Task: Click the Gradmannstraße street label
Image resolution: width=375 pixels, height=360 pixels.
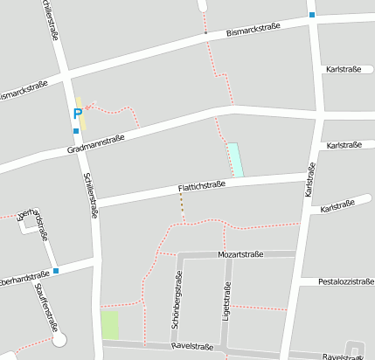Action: (96, 144)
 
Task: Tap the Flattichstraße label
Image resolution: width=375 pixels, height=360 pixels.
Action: (202, 185)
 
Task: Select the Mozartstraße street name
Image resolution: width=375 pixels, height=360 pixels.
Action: (240, 254)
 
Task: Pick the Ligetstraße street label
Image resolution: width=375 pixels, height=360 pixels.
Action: (226, 299)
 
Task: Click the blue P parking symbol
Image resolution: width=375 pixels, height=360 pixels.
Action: (77, 114)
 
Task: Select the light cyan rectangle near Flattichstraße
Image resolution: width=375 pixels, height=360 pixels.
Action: (234, 159)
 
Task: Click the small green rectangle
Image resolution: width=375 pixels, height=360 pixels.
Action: (109, 325)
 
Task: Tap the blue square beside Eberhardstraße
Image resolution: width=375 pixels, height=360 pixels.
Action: (56, 271)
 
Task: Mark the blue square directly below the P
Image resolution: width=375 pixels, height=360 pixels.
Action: (76, 131)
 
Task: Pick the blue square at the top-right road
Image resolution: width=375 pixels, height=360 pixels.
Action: (312, 14)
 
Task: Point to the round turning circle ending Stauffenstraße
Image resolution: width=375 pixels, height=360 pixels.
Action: (59, 340)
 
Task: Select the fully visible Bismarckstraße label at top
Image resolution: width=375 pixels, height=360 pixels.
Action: (253, 31)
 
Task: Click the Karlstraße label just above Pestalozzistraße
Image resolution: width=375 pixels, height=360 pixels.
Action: (337, 208)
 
